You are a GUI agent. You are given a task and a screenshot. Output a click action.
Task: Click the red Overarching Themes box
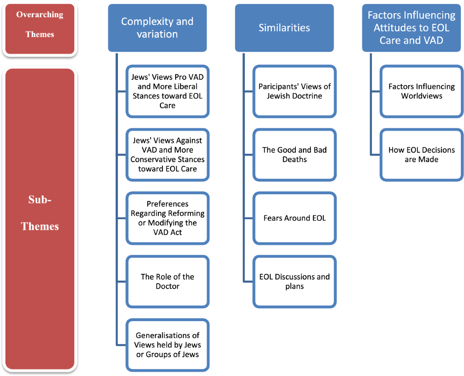click(40, 29)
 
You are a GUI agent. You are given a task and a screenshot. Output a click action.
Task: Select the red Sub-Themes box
click(40, 219)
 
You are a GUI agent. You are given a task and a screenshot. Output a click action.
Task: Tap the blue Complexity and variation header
click(157, 28)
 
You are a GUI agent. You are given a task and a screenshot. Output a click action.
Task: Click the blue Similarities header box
click(284, 28)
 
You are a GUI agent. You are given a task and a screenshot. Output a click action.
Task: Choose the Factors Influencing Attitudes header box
click(411, 28)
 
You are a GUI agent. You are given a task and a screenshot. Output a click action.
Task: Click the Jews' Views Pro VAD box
click(167, 91)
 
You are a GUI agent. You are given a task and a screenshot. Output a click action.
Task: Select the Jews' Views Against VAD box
click(167, 155)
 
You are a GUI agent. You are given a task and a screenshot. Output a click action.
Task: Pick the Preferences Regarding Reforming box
click(167, 218)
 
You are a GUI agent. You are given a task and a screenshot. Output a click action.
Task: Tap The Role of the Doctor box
click(167, 281)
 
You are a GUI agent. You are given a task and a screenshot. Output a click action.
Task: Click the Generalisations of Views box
click(167, 345)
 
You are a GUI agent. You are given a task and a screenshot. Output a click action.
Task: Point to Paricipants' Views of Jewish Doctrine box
click(295, 91)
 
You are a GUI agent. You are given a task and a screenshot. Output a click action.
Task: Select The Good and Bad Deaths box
click(295, 155)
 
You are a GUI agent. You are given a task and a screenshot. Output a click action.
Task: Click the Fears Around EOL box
click(295, 218)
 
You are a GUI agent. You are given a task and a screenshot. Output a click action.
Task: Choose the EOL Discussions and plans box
click(295, 281)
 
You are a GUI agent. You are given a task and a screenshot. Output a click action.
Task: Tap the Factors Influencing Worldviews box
click(421, 91)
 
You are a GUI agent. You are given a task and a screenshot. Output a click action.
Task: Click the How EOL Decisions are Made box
click(421, 155)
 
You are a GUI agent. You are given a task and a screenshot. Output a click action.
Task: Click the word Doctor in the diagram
click(167, 286)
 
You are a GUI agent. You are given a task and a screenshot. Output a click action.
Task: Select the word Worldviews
click(422, 96)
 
